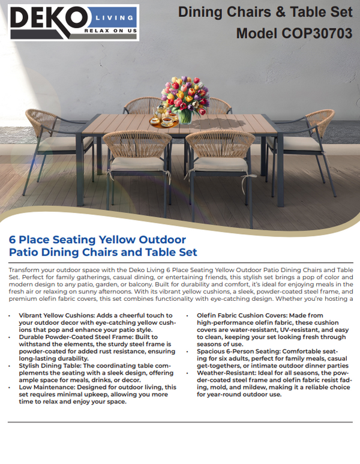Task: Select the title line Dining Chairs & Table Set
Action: click(265, 11)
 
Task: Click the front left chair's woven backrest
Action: click(137, 145)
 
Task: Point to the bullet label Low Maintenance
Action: click(47, 387)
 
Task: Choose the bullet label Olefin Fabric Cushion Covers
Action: click(244, 315)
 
